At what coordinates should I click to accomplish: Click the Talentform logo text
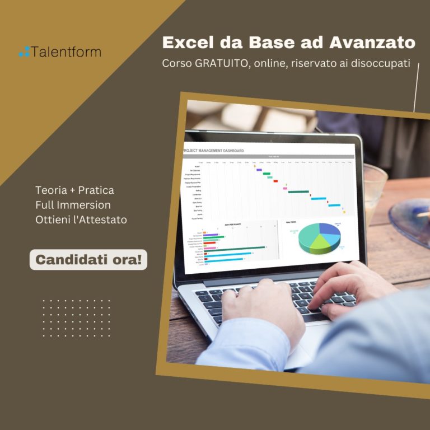click(67, 52)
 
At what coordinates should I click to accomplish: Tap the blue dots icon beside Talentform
click(24, 52)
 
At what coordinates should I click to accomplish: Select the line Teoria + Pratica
click(74, 190)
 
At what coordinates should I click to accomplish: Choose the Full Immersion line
click(73, 205)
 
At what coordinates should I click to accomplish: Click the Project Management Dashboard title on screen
click(214, 151)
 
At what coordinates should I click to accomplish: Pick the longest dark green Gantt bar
click(298, 191)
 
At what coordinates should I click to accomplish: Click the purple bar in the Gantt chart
click(259, 170)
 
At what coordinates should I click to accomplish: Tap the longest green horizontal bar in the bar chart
click(233, 247)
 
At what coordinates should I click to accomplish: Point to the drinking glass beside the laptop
click(373, 185)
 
